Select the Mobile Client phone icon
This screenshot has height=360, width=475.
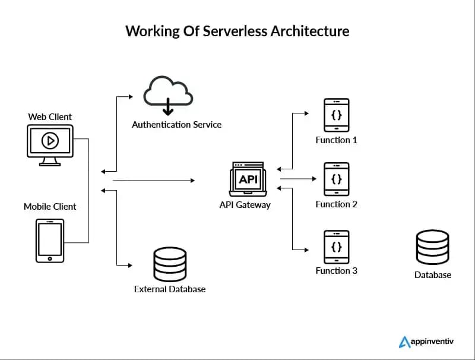coord(50,241)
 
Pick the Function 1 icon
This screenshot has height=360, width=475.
coord(336,115)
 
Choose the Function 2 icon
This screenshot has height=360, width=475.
coord(336,179)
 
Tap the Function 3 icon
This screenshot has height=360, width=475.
coord(336,247)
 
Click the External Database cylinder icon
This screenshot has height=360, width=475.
coord(170,263)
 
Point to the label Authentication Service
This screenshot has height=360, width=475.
coord(176,125)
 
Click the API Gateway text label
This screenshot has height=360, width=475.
coord(245,205)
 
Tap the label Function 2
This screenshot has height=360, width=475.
coord(336,204)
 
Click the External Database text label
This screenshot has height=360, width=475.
coord(170,289)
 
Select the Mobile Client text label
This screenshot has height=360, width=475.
coord(50,207)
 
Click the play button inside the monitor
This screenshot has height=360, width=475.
coord(50,141)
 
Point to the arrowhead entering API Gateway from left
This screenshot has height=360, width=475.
coord(192,179)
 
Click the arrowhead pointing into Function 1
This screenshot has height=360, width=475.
coord(306,112)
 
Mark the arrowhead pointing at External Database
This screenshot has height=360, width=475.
coord(128,264)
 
